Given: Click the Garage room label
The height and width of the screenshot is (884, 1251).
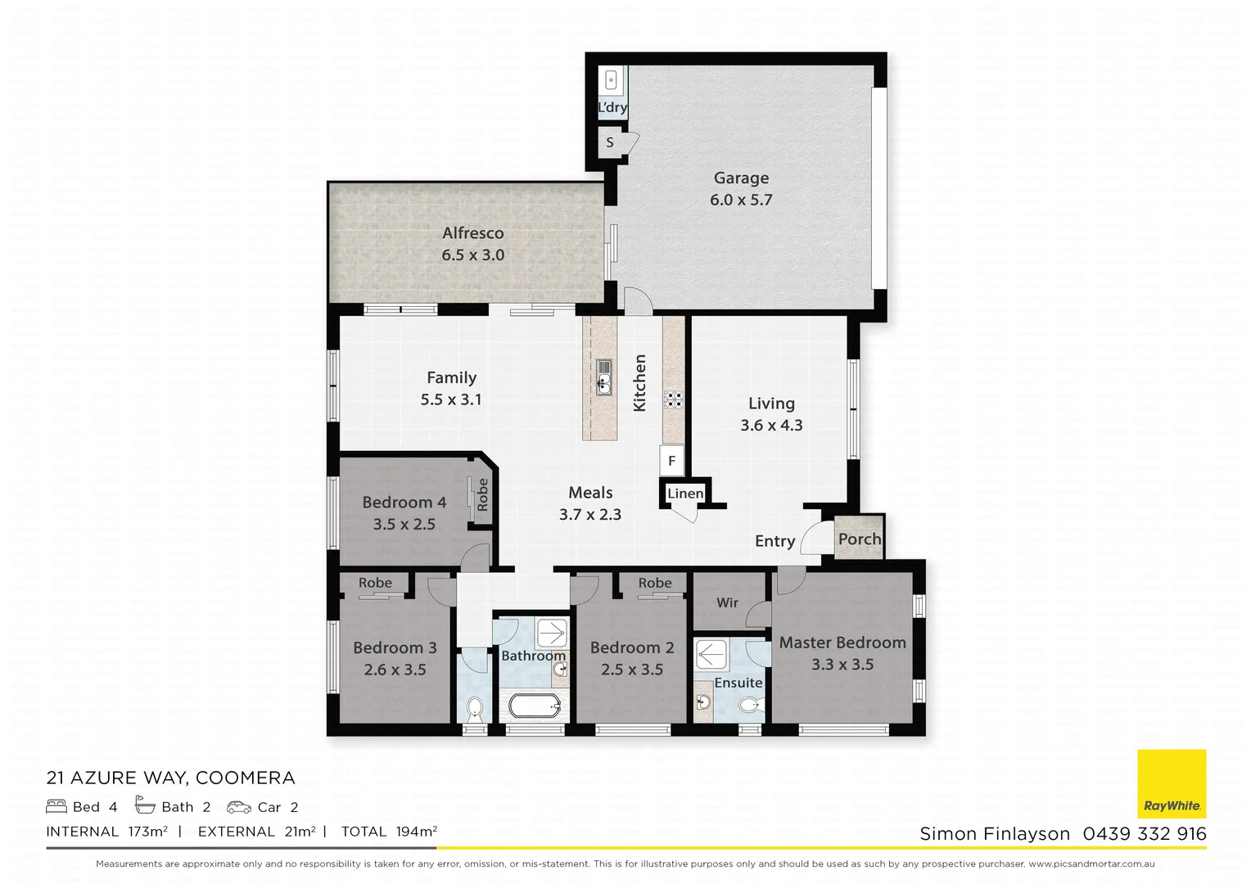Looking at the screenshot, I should pyautogui.click(x=741, y=178).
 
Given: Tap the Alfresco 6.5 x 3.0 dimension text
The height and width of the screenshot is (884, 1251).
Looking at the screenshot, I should pyautogui.click(x=472, y=255).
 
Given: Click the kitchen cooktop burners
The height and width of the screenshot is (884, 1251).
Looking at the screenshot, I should pyautogui.click(x=673, y=399).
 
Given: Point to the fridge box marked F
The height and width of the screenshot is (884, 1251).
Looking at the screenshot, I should pyautogui.click(x=671, y=461).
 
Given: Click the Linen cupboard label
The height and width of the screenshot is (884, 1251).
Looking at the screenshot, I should pyautogui.click(x=685, y=494).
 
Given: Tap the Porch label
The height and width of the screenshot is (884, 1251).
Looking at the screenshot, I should pyautogui.click(x=860, y=539).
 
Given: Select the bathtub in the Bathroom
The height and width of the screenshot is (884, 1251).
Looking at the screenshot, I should pyautogui.click(x=534, y=706).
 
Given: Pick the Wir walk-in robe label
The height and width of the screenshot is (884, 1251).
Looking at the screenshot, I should pyautogui.click(x=727, y=603).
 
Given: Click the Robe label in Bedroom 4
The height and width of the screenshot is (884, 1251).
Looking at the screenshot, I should pyautogui.click(x=482, y=495).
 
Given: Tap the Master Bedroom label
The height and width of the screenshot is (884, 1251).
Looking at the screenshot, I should pyautogui.click(x=842, y=643).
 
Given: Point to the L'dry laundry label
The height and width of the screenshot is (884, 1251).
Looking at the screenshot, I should pyautogui.click(x=612, y=107).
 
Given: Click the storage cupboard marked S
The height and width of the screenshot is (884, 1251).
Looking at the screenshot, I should pyautogui.click(x=610, y=143).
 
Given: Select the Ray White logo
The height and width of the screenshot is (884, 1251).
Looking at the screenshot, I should pyautogui.click(x=1172, y=783).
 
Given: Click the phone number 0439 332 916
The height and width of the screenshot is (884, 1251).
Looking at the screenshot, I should pyautogui.click(x=1144, y=834).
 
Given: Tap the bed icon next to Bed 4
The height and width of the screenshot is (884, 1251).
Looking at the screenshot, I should pyautogui.click(x=56, y=806).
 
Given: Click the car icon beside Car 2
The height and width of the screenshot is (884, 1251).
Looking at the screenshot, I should pyautogui.click(x=239, y=807).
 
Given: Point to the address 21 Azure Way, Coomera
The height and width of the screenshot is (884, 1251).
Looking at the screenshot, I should pyautogui.click(x=170, y=778).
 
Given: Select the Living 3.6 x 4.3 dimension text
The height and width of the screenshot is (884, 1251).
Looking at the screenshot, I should pyautogui.click(x=771, y=426).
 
